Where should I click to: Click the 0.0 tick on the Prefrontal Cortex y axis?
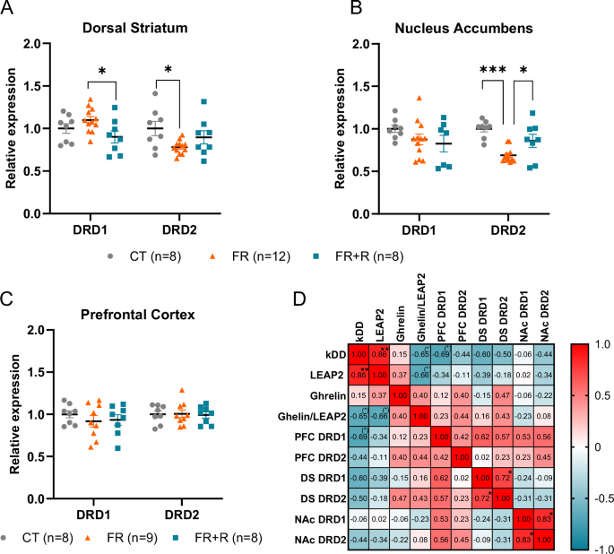(x=30, y=500)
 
